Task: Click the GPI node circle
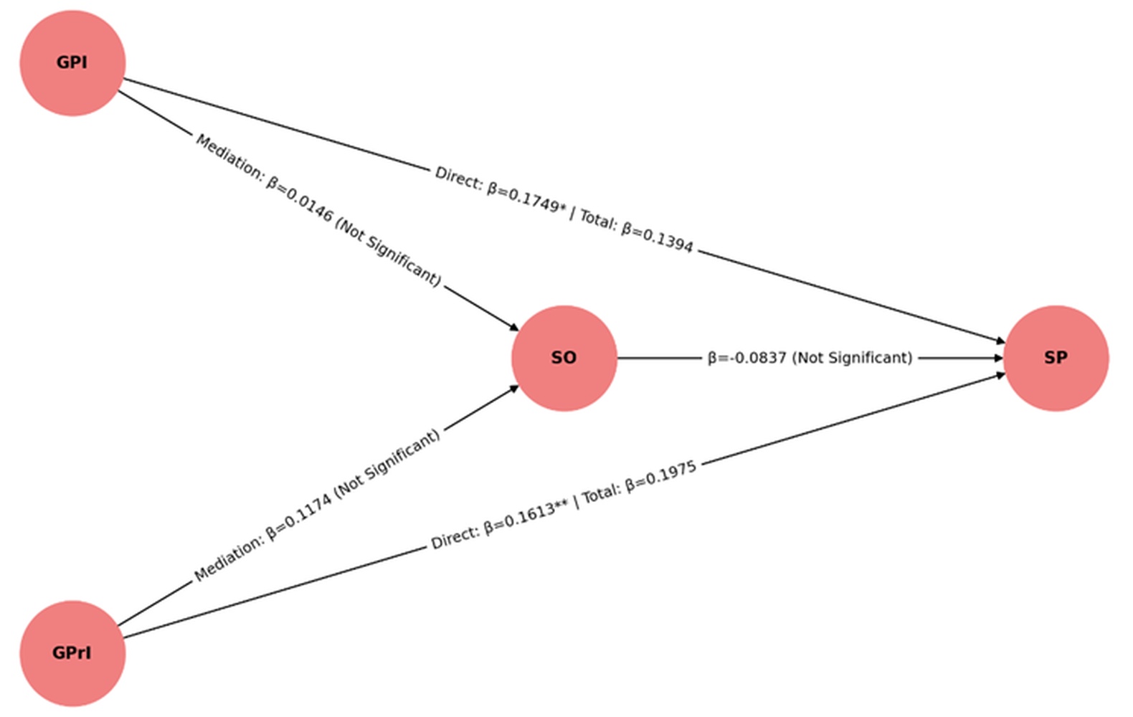pos(72,63)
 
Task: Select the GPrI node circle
pos(72,653)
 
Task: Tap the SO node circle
pos(564,358)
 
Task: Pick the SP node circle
pos(1056,358)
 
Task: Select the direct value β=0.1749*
pos(527,199)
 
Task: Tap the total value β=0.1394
pos(657,237)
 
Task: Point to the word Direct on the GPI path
pos(458,178)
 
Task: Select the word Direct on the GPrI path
pos(455,537)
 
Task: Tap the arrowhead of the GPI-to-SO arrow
pos(513,328)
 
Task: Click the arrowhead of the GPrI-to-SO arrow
pos(513,388)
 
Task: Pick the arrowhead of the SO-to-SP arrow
pos(998,358)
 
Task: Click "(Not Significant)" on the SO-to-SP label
pos(852,358)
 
